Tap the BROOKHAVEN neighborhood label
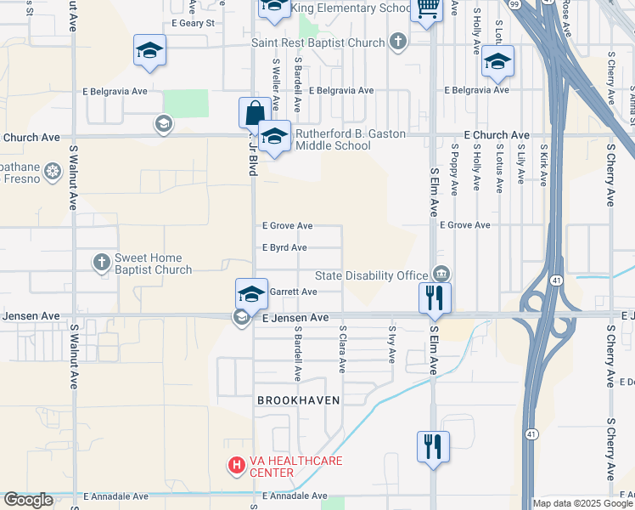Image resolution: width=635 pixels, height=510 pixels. (299, 399)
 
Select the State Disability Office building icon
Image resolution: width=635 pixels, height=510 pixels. (441, 274)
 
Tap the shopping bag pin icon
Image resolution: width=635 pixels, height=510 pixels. (255, 113)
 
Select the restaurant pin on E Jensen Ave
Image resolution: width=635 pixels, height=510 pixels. (434, 298)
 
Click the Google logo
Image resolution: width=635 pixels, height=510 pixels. (28, 501)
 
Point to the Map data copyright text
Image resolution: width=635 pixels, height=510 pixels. (582, 503)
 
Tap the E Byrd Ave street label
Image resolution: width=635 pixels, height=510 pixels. (284, 248)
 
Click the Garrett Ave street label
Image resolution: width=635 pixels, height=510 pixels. (293, 292)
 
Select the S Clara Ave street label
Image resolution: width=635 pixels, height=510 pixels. (343, 348)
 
